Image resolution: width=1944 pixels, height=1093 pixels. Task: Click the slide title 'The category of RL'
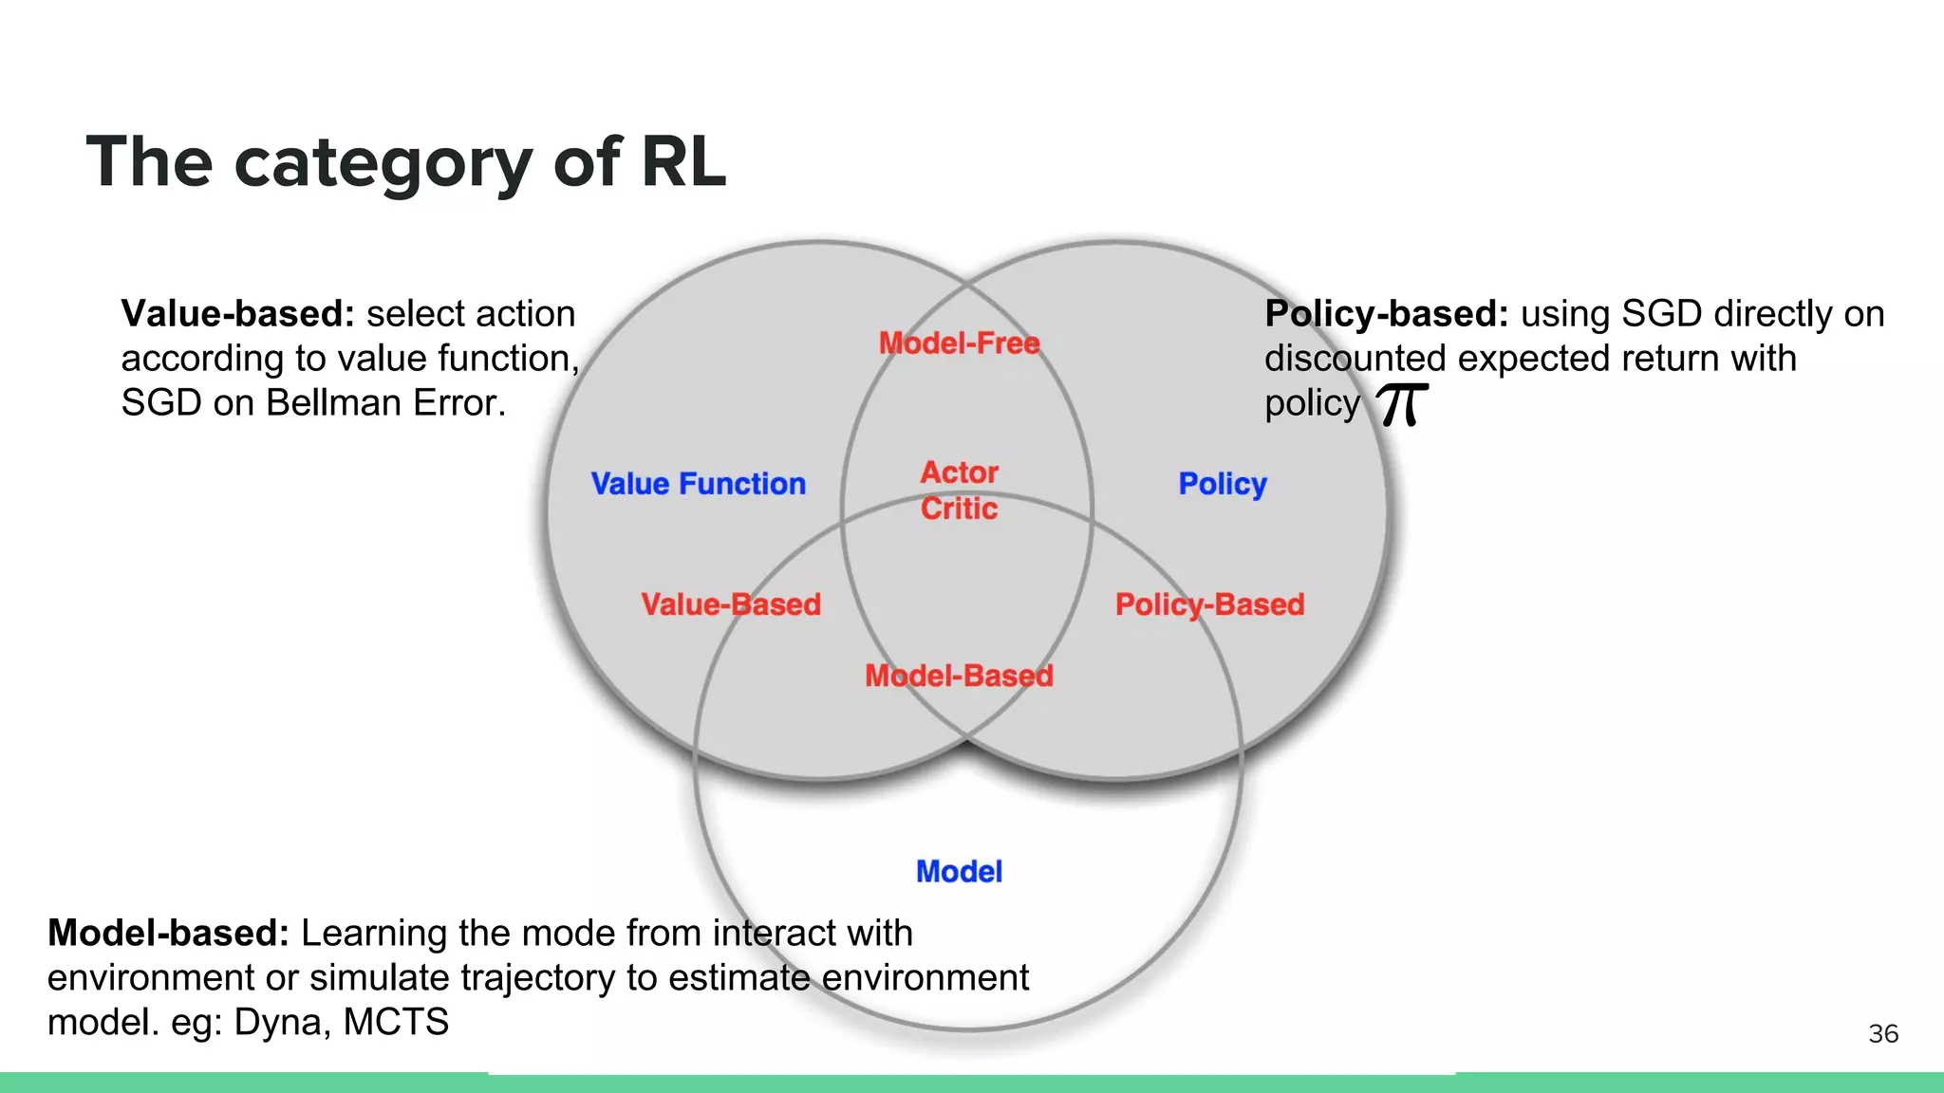click(x=406, y=163)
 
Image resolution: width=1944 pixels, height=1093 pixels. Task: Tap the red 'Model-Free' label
click(x=959, y=343)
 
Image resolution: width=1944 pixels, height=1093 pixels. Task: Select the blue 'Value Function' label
click(x=698, y=484)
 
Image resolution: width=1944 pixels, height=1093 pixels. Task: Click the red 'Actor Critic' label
click(x=959, y=491)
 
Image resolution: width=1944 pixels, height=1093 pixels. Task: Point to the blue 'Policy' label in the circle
click(x=1222, y=484)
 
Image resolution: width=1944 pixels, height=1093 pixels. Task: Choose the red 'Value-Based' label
click(x=730, y=604)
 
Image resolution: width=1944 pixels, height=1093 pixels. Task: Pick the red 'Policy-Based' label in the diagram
click(x=1209, y=604)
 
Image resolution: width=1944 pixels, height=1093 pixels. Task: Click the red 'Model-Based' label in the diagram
click(x=959, y=676)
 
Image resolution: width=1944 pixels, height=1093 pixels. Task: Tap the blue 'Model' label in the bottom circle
click(x=959, y=871)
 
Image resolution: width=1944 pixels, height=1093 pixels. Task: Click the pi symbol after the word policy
click(x=1401, y=405)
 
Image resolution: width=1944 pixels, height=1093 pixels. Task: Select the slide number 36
click(x=1883, y=1033)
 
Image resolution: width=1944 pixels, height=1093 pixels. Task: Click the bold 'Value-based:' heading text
click(x=237, y=314)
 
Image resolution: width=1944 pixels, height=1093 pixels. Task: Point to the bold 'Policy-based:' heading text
click(x=1386, y=314)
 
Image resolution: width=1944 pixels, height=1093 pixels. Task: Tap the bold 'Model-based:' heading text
click(x=168, y=934)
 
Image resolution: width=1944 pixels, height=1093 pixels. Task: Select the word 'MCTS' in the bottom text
click(x=396, y=1023)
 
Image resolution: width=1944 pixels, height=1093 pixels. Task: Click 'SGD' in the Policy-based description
click(x=1661, y=314)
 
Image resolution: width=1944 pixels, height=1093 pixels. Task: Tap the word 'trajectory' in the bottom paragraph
click(x=523, y=978)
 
